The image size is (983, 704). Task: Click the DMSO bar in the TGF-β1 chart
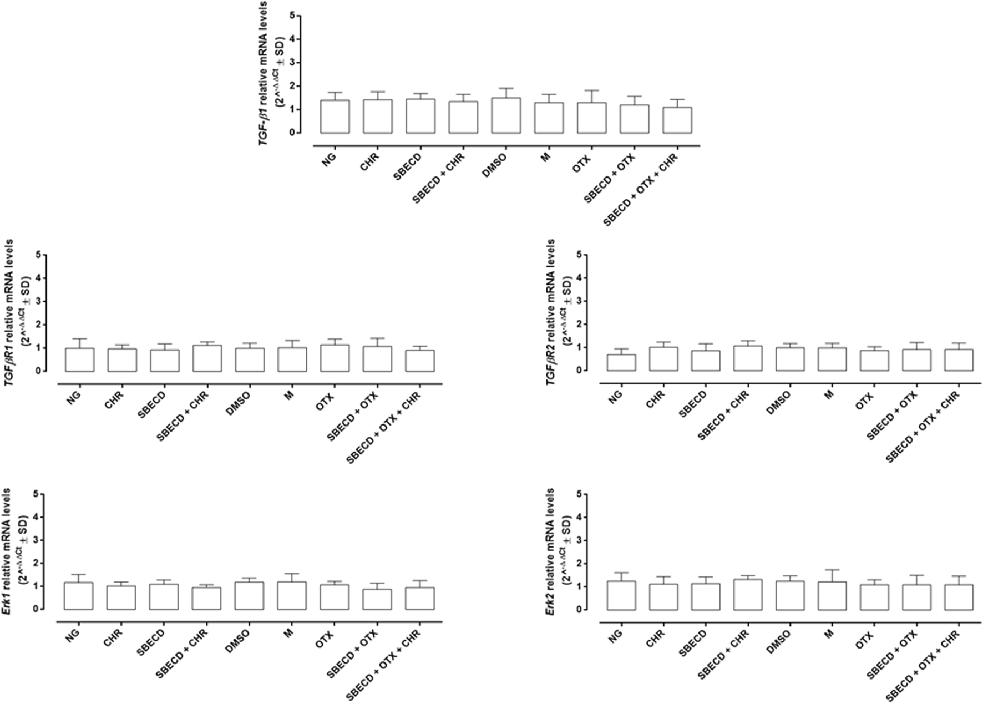pos(506,116)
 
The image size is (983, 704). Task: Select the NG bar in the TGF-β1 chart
pos(335,117)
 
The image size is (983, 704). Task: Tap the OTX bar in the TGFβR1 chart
pos(335,358)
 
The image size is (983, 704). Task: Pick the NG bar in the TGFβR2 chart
pos(621,363)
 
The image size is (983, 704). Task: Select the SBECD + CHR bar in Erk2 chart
pos(748,595)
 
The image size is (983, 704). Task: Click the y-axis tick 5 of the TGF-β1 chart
pos(292,16)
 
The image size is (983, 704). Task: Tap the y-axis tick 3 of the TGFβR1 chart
pos(38,302)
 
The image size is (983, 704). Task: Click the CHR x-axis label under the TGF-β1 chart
pos(368,165)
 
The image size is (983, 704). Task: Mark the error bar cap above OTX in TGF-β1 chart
pos(591,90)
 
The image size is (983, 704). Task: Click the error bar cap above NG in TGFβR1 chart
pos(79,338)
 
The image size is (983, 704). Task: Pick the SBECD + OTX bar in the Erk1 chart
pos(377,600)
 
